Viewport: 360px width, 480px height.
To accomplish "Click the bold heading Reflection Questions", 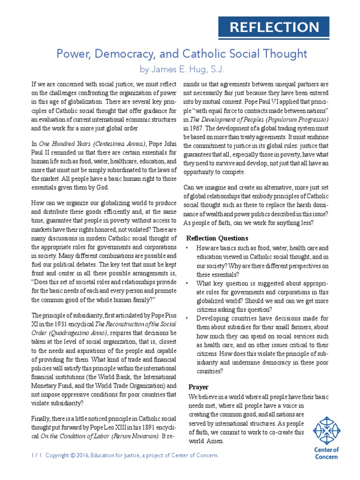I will pyautogui.click(x=217, y=238).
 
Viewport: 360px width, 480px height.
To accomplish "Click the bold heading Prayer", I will pyautogui.click(x=198, y=387).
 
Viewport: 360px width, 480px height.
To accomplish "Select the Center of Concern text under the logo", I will pyautogui.click(x=326, y=453).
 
